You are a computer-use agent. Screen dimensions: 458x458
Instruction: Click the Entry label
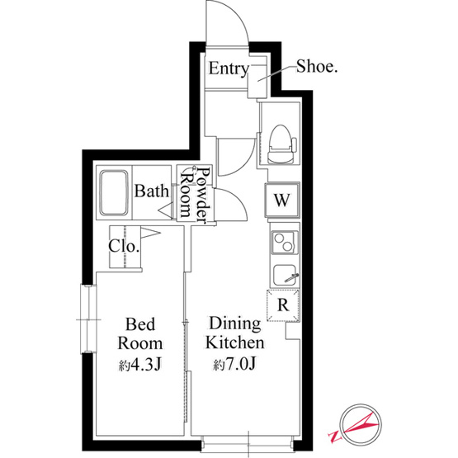pyautogui.click(x=229, y=69)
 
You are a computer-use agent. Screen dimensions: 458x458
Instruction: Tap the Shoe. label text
pyautogui.click(x=317, y=67)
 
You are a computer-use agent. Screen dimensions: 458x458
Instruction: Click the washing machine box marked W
pyautogui.click(x=282, y=200)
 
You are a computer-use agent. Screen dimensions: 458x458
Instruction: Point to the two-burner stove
pyautogui.click(x=285, y=242)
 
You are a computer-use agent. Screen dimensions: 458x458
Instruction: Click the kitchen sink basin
pyautogui.click(x=286, y=276)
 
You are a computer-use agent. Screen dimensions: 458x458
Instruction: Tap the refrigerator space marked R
pyautogui.click(x=283, y=305)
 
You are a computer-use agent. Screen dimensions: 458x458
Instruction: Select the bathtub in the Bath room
pyautogui.click(x=114, y=193)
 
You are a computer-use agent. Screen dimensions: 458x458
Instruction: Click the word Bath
pyautogui.click(x=152, y=191)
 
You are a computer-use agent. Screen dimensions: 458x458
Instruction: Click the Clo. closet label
pyautogui.click(x=124, y=246)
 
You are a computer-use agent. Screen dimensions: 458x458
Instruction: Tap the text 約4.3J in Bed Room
pyautogui.click(x=140, y=364)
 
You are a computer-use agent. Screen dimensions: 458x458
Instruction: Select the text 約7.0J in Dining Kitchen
pyautogui.click(x=235, y=364)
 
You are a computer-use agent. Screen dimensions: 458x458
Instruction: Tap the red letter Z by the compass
pyautogui.click(x=335, y=437)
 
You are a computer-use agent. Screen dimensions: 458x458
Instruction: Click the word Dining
pyautogui.click(x=235, y=324)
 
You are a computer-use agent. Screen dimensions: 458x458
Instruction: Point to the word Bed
pyautogui.click(x=140, y=324)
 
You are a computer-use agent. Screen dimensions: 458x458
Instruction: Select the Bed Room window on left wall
pyautogui.click(x=88, y=319)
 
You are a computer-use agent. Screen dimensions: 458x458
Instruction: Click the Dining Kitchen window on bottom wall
pyautogui.click(x=248, y=445)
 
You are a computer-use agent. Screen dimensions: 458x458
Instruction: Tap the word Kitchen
pyautogui.click(x=235, y=343)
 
